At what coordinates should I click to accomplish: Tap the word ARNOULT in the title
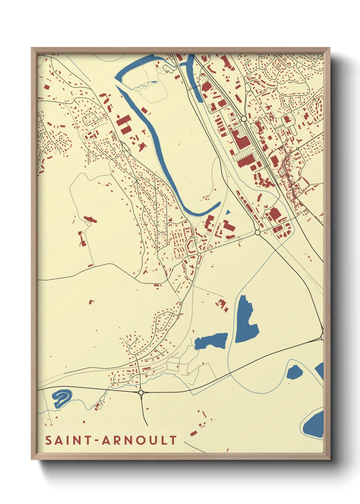(x=139, y=440)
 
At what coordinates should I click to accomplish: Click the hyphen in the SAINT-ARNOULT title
(x=97, y=441)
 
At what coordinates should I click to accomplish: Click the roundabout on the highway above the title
(x=141, y=393)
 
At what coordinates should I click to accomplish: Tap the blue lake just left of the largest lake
(x=211, y=341)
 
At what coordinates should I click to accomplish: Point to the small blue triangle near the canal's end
(x=228, y=212)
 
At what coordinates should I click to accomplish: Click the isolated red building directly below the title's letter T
(x=194, y=433)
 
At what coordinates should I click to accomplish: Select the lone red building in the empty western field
(x=91, y=302)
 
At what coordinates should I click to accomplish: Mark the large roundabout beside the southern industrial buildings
(x=257, y=232)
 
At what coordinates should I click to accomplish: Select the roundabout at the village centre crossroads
(x=199, y=254)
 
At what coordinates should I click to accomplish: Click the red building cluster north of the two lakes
(x=222, y=305)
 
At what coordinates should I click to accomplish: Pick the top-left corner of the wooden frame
(x=33, y=49)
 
